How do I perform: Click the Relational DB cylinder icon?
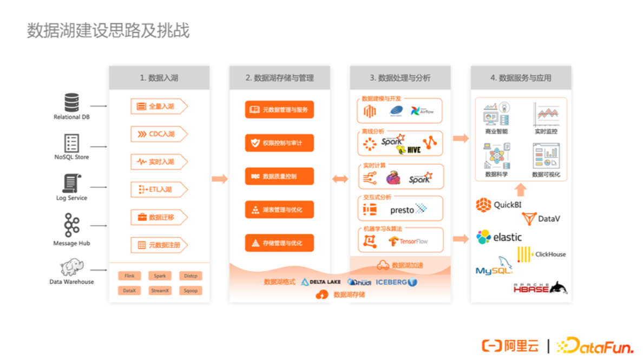(x=71, y=102)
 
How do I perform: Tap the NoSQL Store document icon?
(x=71, y=143)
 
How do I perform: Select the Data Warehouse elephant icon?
(x=71, y=268)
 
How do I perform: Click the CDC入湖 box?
(x=158, y=134)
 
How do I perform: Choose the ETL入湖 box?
(x=158, y=189)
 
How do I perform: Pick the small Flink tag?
(x=129, y=276)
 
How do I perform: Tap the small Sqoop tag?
(x=191, y=291)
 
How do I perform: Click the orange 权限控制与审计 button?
(x=279, y=143)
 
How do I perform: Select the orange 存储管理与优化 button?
(x=279, y=243)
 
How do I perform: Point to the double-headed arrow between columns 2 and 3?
(x=340, y=179)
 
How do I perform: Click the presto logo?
(x=408, y=210)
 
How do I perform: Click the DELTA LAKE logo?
(x=321, y=282)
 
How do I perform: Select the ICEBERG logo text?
(x=391, y=282)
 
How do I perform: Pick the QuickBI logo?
(x=498, y=205)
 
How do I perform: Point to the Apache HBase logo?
(x=540, y=288)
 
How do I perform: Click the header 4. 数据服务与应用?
(x=521, y=78)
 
